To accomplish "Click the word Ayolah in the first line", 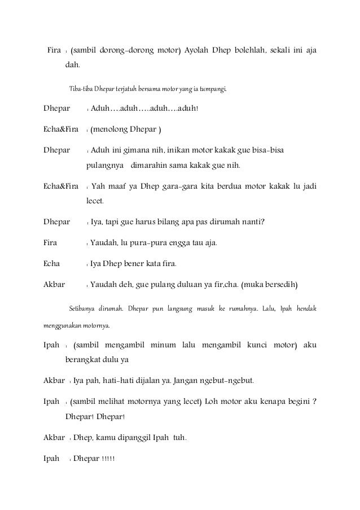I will coord(199,51).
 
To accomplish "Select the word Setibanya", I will coord(82,309).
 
